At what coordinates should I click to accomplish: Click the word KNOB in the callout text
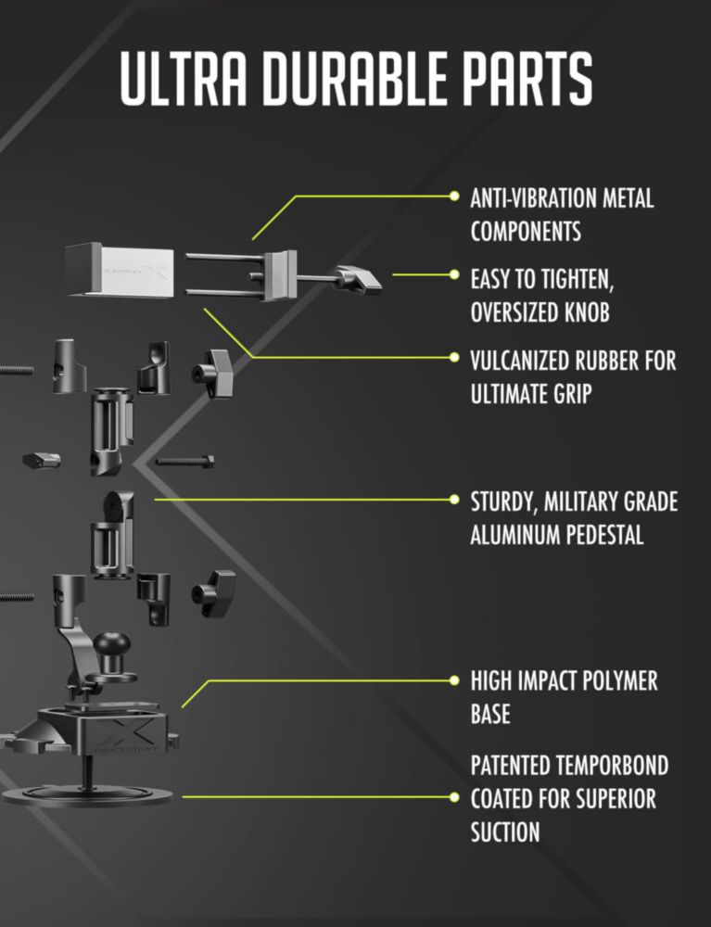[x=587, y=312]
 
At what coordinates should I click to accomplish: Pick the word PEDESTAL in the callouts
[x=604, y=535]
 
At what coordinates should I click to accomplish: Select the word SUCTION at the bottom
[x=505, y=832]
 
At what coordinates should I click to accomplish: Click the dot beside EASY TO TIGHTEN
[x=454, y=274]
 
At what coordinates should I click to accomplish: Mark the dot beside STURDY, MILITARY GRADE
[x=454, y=500]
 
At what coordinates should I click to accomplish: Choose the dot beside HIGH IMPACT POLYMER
[x=454, y=681]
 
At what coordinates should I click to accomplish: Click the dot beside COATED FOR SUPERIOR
[x=454, y=797]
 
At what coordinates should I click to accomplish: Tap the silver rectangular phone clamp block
[x=120, y=270]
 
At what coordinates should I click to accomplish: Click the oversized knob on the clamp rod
[x=358, y=279]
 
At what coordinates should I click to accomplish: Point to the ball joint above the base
[x=112, y=644]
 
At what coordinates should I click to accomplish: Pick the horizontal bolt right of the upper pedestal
[x=184, y=461]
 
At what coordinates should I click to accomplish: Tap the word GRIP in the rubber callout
[x=572, y=394]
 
